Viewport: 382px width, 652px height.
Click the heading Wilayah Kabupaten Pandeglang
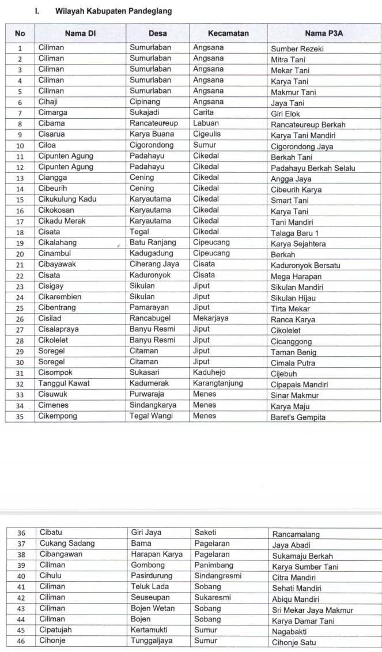(x=113, y=11)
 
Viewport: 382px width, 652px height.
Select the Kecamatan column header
(x=228, y=33)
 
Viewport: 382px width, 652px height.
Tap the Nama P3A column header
(x=324, y=33)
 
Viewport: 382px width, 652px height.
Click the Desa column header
(x=158, y=33)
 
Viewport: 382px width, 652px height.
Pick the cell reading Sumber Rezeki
(x=297, y=49)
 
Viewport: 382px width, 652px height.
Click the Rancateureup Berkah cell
(x=308, y=125)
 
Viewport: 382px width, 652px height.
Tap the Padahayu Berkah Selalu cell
(x=313, y=168)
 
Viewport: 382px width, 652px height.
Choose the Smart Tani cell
(x=290, y=201)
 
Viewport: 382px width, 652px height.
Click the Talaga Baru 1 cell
(x=294, y=233)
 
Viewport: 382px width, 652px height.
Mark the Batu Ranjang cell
(x=153, y=243)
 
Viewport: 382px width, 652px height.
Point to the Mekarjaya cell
(x=211, y=318)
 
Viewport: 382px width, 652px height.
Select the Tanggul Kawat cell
(x=62, y=383)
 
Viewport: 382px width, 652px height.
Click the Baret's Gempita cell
(x=298, y=417)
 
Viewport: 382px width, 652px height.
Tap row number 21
(x=20, y=265)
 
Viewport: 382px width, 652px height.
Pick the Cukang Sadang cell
(x=67, y=543)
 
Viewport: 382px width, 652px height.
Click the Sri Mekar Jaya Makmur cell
(x=313, y=610)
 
